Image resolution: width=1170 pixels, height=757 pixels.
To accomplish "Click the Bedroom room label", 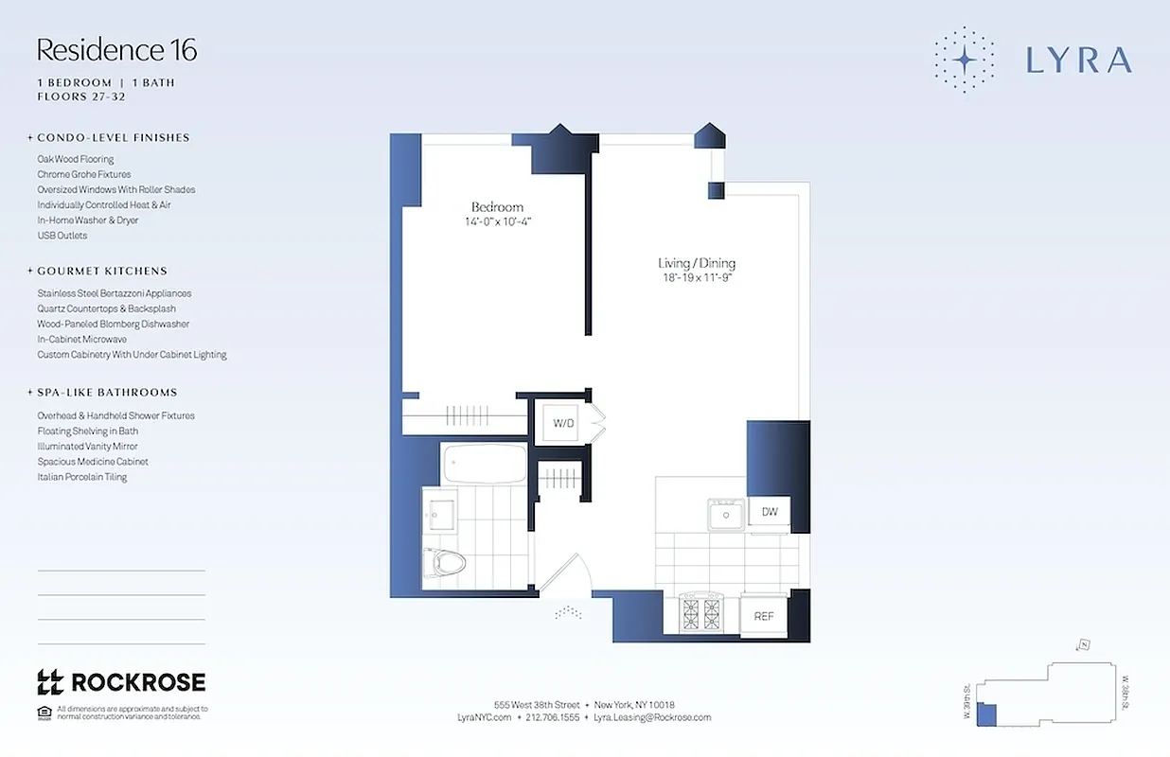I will pos(497,207).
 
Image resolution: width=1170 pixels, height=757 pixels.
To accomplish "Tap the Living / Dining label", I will pos(697,263).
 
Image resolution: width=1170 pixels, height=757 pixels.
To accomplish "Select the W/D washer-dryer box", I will pos(563,423).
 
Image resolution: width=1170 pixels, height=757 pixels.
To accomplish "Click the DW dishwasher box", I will pos(770,512).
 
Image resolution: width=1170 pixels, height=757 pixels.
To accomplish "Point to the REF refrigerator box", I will pos(764,616).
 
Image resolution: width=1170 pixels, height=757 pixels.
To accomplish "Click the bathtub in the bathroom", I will pos(484,465).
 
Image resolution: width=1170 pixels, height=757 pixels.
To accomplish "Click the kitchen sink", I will pos(727,516).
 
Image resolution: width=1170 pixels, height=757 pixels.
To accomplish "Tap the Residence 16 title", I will pos(116,49).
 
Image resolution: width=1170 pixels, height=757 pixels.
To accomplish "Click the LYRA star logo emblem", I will pos(964,60).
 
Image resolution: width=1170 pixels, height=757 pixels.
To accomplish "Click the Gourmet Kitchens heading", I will pos(102,271).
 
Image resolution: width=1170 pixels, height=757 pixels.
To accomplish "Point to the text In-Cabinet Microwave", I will pos(81,339).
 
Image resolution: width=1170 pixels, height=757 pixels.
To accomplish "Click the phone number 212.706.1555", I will pos(552,717).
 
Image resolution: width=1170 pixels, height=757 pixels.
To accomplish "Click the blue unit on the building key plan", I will pos(986,715).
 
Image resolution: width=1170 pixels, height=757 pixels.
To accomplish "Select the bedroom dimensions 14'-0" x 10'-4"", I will pos(497,221).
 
